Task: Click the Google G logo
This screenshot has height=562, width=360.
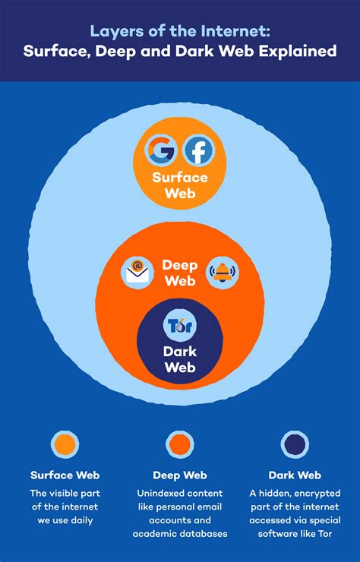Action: point(160,150)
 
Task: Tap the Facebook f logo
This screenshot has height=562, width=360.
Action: point(199,150)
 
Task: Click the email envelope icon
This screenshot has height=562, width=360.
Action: point(138,273)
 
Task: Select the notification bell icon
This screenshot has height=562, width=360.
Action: point(222,273)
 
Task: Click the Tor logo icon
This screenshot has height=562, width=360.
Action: point(180,327)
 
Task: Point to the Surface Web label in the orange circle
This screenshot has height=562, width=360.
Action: point(179,185)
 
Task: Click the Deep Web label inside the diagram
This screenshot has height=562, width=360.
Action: point(179,273)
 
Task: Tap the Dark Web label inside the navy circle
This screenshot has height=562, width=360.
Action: point(179,359)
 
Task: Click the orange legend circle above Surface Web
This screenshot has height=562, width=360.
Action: point(65,444)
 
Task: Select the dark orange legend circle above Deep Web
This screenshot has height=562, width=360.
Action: point(179,444)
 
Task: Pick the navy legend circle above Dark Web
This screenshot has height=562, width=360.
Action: point(295,444)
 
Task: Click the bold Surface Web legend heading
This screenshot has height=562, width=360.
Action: point(65,475)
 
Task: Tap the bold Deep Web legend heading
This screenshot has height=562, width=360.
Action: point(179,475)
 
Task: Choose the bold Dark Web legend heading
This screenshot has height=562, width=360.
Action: point(295,475)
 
